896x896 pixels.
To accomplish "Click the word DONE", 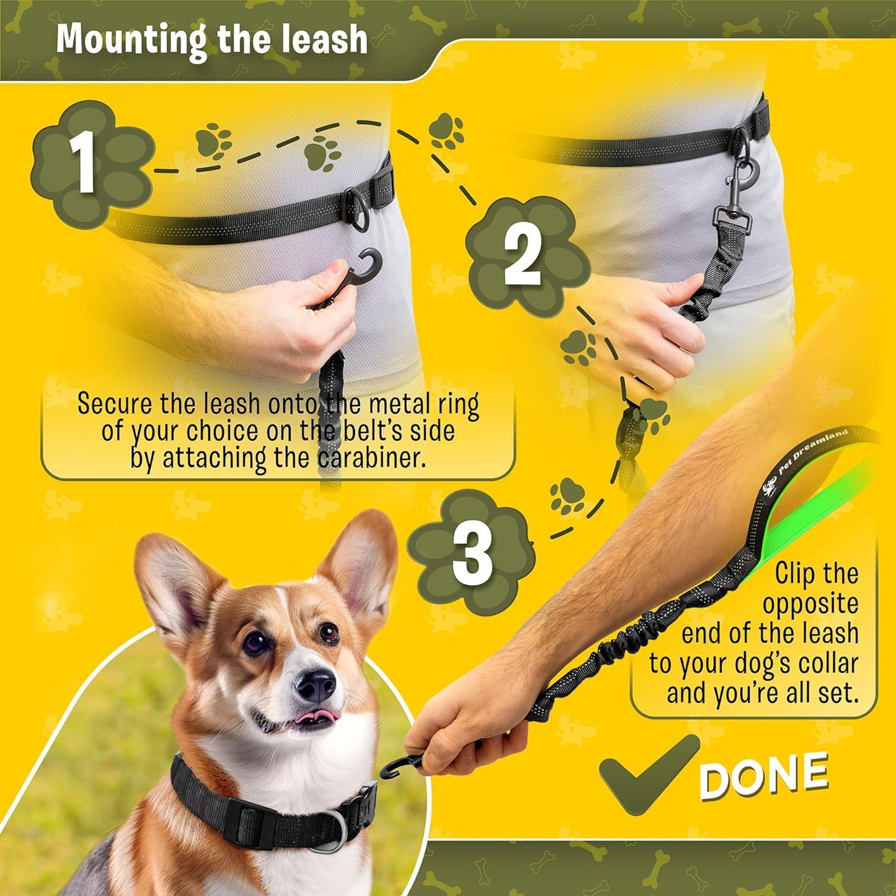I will pos(764,775).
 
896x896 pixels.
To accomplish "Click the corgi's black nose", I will pos(315,685).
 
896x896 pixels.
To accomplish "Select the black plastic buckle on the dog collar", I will pos(251,822).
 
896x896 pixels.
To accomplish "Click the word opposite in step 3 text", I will pos(810,603).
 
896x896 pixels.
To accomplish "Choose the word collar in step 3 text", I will pos(827,663).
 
